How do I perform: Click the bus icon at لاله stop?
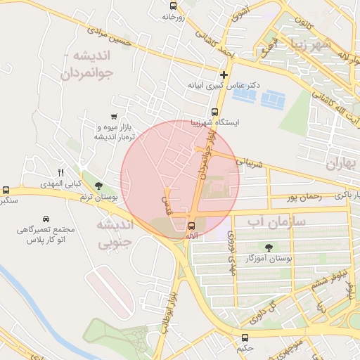coord(192,225)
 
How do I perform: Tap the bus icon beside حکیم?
coord(245,337)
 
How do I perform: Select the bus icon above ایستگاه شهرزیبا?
coord(215,111)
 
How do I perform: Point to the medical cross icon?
coord(224,75)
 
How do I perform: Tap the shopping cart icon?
coord(114,116)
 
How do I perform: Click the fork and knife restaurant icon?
coord(61,172)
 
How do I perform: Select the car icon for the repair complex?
coord(46,219)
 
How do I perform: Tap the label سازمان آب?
coord(277,221)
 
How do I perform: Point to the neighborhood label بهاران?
coord(342,164)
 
